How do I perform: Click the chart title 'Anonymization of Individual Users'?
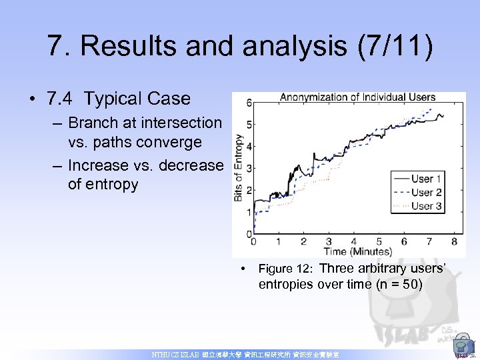point(357,97)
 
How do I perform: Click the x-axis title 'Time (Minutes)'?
point(357,251)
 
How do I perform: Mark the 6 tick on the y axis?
point(249,103)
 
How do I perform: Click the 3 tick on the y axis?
point(249,168)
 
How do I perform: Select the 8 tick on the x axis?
point(454,241)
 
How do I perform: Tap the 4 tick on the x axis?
point(353,241)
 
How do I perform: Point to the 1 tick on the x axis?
point(278,241)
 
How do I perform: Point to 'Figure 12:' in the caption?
point(285,269)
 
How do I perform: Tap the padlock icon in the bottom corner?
point(462,346)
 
